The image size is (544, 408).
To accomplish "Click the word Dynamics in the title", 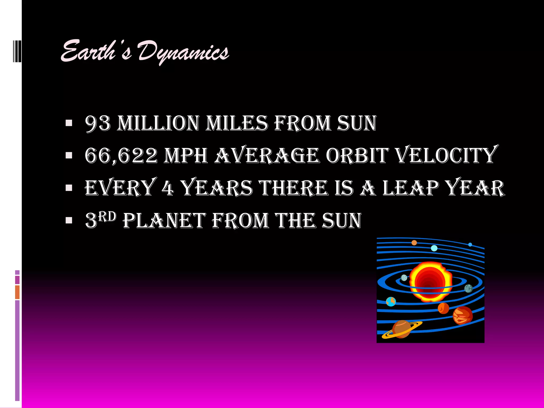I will tap(183, 52).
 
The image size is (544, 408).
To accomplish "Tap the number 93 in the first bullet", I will tap(97, 123).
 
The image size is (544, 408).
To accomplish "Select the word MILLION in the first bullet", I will tap(158, 123).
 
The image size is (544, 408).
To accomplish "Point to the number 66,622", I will tap(121, 156).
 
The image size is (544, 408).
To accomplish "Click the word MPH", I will tap(186, 156).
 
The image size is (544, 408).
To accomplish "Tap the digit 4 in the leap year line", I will tap(168, 188).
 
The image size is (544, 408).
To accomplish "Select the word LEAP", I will tap(410, 188).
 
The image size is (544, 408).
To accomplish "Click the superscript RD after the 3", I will tap(107, 217).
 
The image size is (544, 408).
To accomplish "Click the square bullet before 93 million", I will tap(69, 123).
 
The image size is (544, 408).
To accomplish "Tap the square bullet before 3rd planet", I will tap(69, 220).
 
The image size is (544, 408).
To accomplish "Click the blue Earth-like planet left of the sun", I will tap(391, 301).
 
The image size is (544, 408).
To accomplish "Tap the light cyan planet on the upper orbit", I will tap(434, 248).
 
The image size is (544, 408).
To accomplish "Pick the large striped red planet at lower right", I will tap(462, 315).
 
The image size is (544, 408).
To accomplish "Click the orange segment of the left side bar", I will tap(17, 292).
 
